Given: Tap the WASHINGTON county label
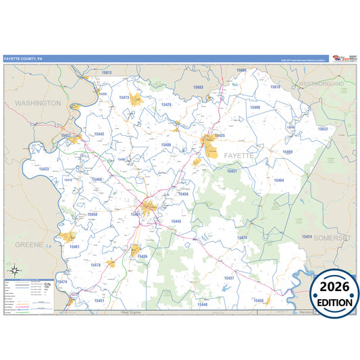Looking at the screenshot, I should tap(38, 103).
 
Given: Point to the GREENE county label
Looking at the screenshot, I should tap(29, 245).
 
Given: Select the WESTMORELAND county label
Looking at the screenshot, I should tap(322, 84).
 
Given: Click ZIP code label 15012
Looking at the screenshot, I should tap(106, 72).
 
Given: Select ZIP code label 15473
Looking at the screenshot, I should tap(124, 97).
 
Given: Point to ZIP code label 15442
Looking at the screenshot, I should tap(99, 134).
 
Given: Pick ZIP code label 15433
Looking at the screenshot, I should tap(43, 169).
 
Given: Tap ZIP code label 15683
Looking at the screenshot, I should tap(198, 87).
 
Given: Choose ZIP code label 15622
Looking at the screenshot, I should tap(322, 128).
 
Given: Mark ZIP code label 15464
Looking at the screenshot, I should tap(278, 180).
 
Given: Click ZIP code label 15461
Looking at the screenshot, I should tap(74, 247).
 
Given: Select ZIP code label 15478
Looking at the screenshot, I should tap(95, 265).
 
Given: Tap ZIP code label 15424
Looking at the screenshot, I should tap(307, 237).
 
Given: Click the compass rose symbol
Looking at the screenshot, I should tap(15, 269).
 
